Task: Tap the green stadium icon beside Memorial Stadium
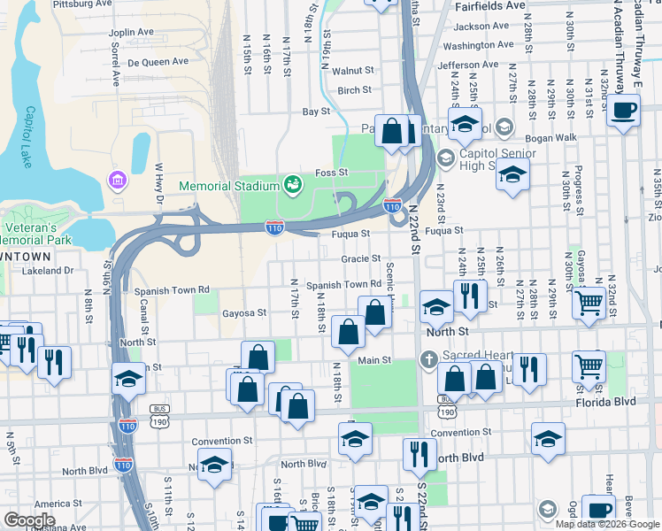pyautogui.click(x=292, y=184)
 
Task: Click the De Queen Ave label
pyautogui.click(x=158, y=62)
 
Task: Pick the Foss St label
pyautogui.click(x=335, y=173)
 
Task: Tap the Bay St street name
pyautogui.click(x=316, y=112)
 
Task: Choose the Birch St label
pyautogui.click(x=354, y=90)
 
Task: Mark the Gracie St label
pyautogui.click(x=360, y=259)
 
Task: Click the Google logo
pyautogui.click(x=29, y=520)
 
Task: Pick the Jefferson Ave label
pyautogui.click(x=468, y=65)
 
